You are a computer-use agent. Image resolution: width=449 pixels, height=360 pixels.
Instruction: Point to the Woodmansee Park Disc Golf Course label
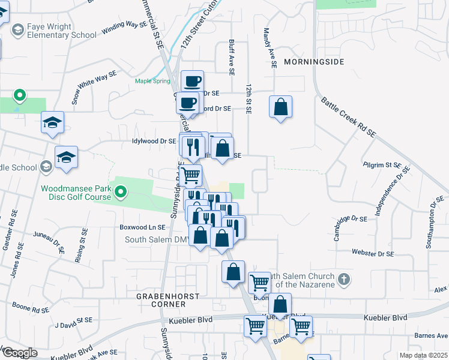click(76, 193)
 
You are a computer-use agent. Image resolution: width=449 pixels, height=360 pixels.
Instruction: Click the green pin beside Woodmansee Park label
click(121, 192)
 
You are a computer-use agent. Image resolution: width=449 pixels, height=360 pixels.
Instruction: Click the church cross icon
click(343, 279)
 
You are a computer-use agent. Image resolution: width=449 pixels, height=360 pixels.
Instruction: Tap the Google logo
click(20, 353)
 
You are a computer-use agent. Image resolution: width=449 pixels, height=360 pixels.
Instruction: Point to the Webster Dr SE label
click(373, 254)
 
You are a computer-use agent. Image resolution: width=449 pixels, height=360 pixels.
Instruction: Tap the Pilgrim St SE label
click(381, 164)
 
